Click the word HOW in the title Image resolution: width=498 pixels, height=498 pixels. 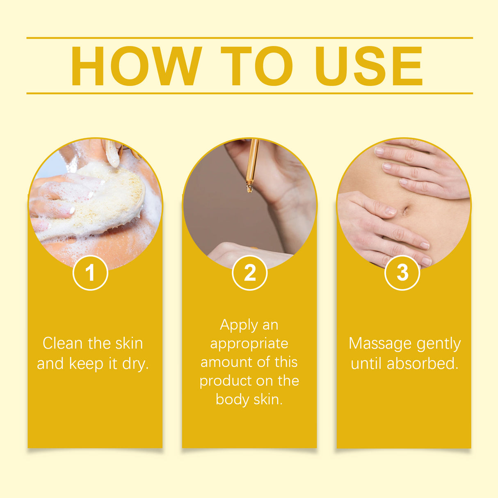coord(136,66)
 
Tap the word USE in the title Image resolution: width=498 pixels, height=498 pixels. coord(368,66)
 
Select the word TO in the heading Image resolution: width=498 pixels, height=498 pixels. coord(257,66)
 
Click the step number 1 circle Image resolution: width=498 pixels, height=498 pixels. coord(90,273)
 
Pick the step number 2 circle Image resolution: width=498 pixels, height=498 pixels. coord(249,273)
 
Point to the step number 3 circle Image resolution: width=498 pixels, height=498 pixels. coord(402,273)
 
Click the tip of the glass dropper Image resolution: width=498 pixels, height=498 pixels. coord(249,189)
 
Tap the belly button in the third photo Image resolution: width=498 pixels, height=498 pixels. coord(405,211)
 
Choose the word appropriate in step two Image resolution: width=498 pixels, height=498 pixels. coord(249,344)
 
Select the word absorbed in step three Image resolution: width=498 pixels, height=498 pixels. coord(422,364)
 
